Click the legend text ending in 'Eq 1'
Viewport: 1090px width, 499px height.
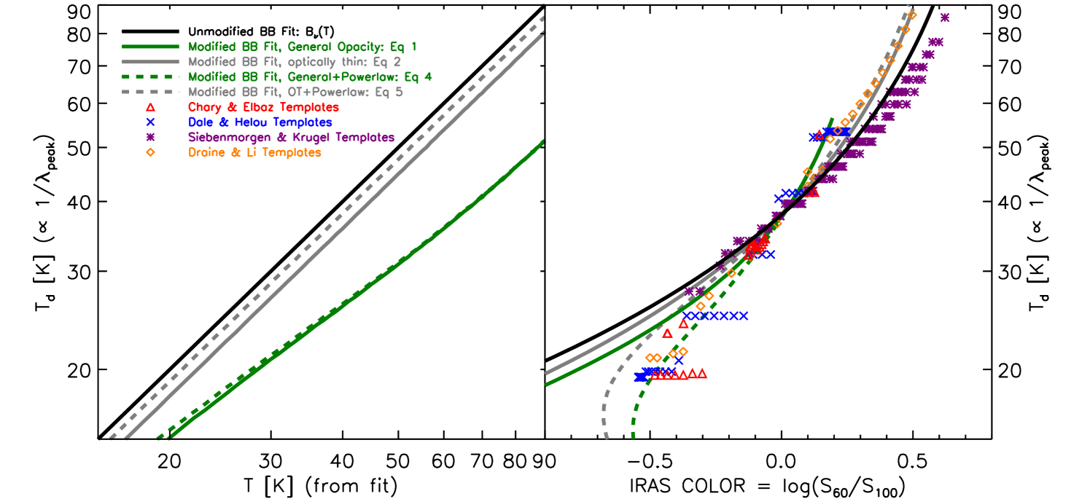(303, 46)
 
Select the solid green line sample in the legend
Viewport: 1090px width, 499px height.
(150, 46)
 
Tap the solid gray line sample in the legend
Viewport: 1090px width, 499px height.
(150, 61)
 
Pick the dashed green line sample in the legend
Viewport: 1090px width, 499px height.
(150, 76)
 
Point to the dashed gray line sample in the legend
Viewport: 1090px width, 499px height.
(150, 92)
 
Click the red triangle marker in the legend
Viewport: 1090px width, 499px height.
(150, 107)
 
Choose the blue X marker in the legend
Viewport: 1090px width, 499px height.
(150, 122)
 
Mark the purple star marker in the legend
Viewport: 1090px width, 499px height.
(150, 138)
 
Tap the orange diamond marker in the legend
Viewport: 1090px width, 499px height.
(150, 153)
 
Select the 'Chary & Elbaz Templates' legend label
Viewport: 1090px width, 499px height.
(263, 107)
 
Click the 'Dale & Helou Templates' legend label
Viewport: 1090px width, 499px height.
(260, 122)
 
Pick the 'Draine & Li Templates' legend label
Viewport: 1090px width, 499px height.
(254, 153)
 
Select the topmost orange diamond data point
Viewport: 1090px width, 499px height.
(912, 15)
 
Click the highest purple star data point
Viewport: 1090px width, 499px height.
(945, 17)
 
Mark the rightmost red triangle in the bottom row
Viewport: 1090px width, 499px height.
(702, 374)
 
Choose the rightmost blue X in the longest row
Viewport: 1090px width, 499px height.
(744, 316)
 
